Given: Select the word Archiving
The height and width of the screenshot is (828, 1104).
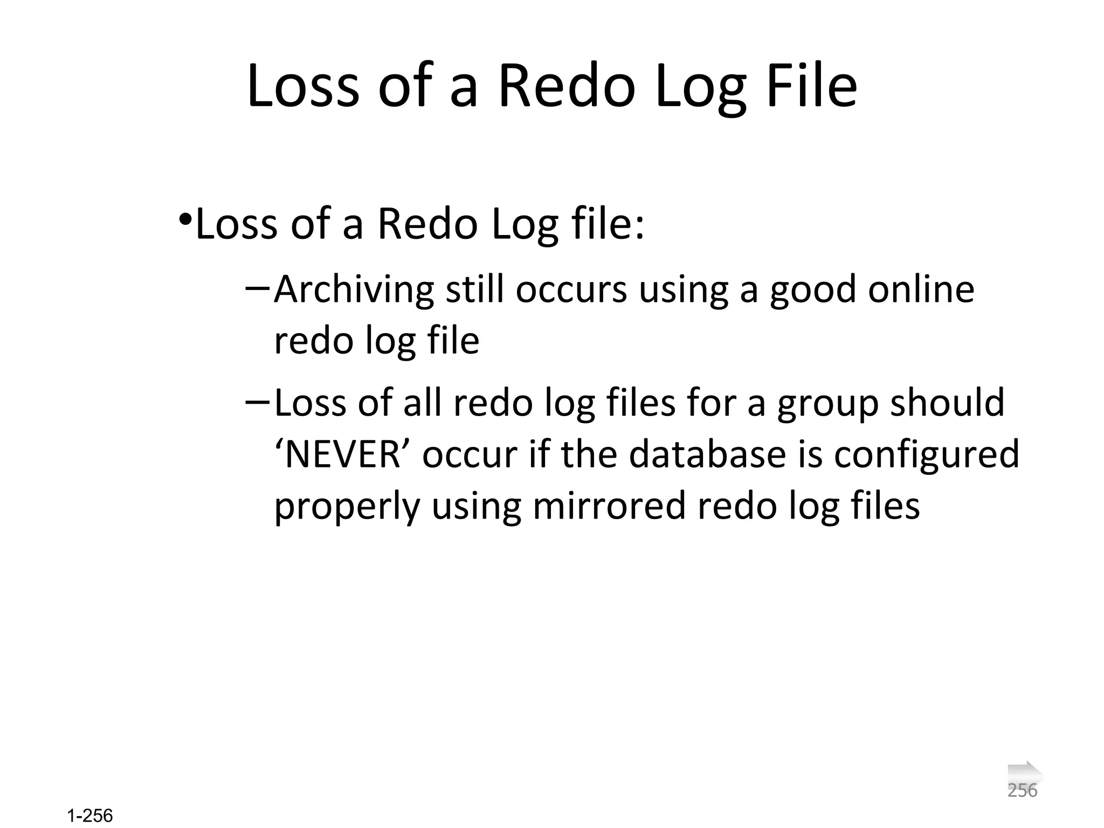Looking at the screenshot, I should click(x=354, y=290).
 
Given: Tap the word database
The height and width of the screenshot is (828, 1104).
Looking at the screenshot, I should click(x=707, y=454).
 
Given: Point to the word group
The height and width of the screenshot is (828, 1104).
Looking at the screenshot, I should click(x=827, y=403).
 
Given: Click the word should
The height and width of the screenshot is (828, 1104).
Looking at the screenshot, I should click(x=947, y=402).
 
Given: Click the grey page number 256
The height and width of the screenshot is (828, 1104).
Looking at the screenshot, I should click(x=1022, y=791).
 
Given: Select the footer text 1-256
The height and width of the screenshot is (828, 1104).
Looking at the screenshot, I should click(x=90, y=816).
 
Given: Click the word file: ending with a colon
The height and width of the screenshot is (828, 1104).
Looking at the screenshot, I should click(x=609, y=224).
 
